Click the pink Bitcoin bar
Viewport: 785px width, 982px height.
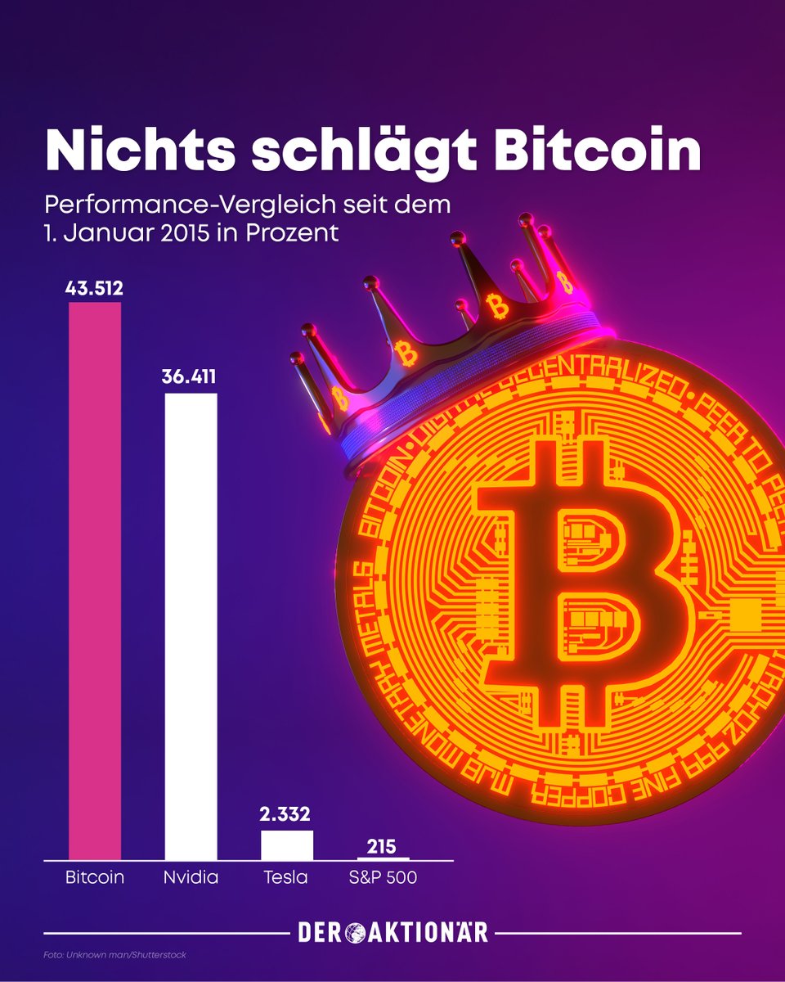tap(95, 581)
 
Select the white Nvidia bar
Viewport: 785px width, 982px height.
tap(191, 626)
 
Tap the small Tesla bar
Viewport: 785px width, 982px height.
tap(286, 845)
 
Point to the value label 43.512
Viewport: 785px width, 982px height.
tap(95, 287)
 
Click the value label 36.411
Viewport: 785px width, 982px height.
tap(191, 378)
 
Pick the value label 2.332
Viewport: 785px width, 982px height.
tap(286, 815)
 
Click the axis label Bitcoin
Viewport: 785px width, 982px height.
tap(95, 879)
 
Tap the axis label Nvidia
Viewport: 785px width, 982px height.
tap(191, 879)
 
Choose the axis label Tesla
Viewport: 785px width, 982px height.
tap(286, 879)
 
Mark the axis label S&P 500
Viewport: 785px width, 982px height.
tap(383, 879)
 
